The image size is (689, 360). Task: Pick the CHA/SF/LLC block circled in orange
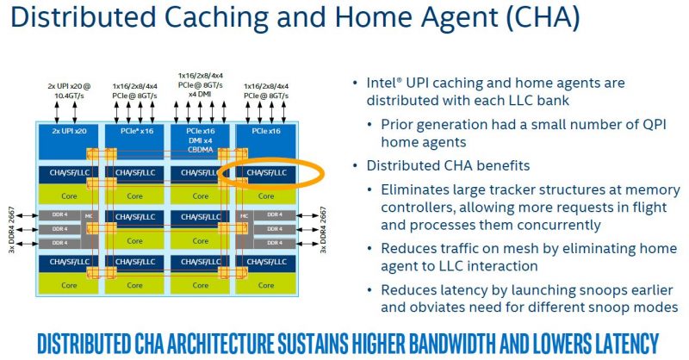click(268, 173)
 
